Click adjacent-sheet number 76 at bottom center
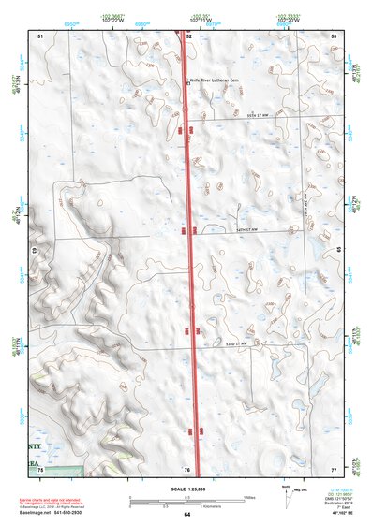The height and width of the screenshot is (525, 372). tap(187, 468)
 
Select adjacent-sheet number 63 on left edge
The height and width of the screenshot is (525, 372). tap(36, 251)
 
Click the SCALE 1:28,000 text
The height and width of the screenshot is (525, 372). tap(186, 489)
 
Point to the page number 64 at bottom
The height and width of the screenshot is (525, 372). tap(187, 515)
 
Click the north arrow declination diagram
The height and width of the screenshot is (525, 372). tap(286, 492)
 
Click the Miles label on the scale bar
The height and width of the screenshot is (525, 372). tap(247, 496)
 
